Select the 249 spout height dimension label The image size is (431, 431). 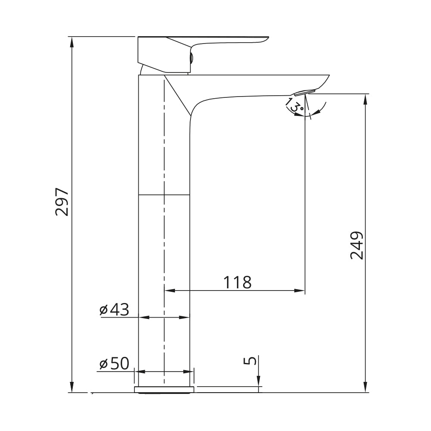click(x=357, y=246)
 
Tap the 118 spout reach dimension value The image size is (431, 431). click(x=237, y=282)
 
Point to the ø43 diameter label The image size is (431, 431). click(x=114, y=310)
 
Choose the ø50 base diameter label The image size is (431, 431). click(x=114, y=364)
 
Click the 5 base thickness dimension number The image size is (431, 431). click(x=250, y=360)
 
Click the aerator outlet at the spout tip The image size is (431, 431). click(x=304, y=92)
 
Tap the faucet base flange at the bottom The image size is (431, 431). click(x=164, y=389)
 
